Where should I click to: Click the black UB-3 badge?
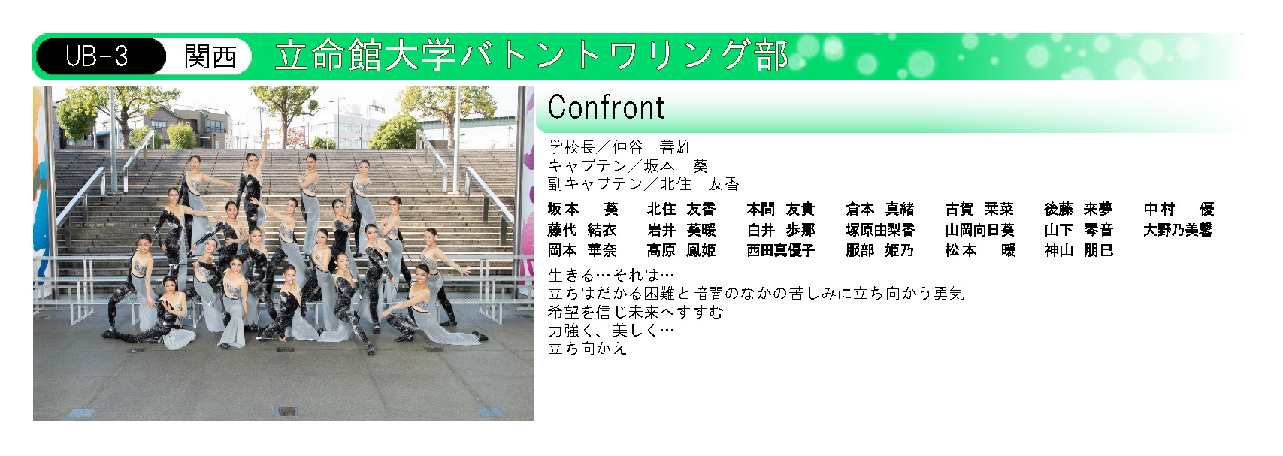(x=101, y=56)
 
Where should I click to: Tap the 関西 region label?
(x=210, y=56)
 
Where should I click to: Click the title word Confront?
(x=606, y=107)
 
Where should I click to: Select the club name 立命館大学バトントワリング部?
(x=531, y=56)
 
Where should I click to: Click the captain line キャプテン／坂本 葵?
(x=628, y=165)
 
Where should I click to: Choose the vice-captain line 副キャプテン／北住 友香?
(x=643, y=183)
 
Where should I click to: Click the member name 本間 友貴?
(x=781, y=210)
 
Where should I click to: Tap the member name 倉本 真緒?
(x=880, y=210)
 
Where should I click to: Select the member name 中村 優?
(x=1179, y=210)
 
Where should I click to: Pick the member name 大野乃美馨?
(x=1179, y=230)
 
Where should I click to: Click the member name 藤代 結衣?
(x=582, y=230)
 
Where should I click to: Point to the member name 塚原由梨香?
(x=880, y=230)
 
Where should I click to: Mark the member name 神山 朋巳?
(x=1079, y=251)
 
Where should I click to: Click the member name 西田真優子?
(x=781, y=251)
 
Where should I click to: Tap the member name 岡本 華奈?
(x=582, y=251)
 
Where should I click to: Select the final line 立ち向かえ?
(x=588, y=348)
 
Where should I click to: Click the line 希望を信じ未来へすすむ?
(x=636, y=312)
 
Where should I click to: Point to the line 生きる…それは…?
(x=611, y=275)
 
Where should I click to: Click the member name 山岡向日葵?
(x=979, y=230)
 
